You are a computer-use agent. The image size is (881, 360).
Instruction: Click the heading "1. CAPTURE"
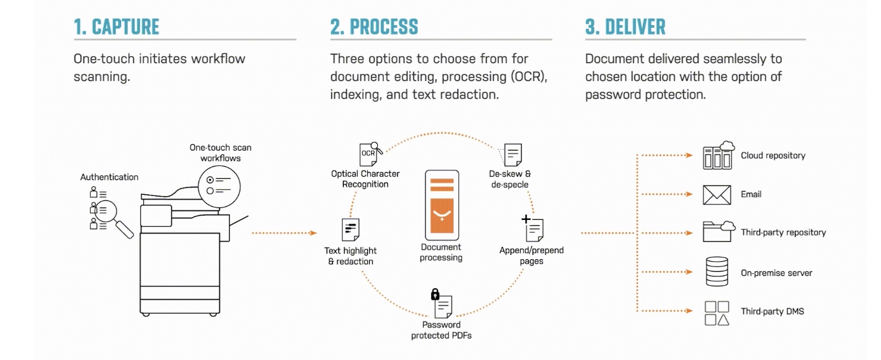pos(116,27)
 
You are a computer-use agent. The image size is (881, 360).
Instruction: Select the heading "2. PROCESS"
pos(374,27)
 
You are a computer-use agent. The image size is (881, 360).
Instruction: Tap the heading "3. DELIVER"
pos(625,27)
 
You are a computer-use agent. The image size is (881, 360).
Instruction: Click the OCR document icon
pos(370,154)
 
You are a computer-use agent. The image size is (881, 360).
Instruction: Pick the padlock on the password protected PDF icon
pos(435,294)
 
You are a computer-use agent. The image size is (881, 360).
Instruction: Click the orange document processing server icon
pos(442,205)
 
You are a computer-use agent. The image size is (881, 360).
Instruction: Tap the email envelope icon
pos(716,195)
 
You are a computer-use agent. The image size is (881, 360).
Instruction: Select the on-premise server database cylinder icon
pos(716,272)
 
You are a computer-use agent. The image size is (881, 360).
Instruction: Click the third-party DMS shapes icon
pos(716,313)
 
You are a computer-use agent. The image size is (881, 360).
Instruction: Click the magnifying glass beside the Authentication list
pos(114,218)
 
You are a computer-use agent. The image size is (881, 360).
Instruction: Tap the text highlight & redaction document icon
pos(350,230)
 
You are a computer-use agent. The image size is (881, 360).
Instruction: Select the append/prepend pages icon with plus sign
pos(533,228)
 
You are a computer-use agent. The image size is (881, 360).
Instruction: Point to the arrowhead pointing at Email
pos(689,194)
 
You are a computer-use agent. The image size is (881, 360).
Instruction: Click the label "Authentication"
pos(109,177)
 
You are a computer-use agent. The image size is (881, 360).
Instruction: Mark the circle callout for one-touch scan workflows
pos(219,187)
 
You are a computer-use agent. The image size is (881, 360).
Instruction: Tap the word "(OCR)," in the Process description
pos(528,77)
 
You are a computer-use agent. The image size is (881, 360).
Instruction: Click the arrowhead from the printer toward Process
pos(313,233)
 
